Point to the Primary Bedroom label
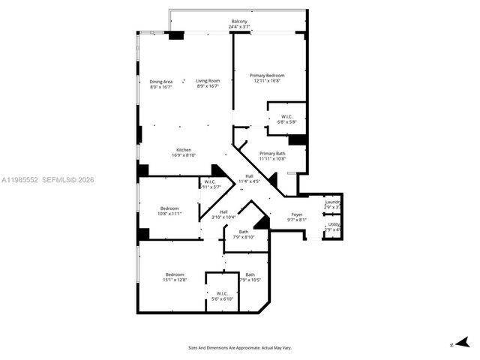tap(267, 78)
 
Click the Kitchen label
tap(184, 152)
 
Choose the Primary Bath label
tap(272, 155)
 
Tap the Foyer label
tap(297, 217)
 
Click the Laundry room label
tap(333, 205)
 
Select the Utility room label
tap(333, 226)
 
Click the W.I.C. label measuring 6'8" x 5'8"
tap(287, 119)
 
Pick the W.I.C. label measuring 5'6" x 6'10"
tap(223, 295)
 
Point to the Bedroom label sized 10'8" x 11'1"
tap(169, 211)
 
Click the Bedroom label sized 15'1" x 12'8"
tap(175, 277)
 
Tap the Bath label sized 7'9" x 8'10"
tap(244, 235)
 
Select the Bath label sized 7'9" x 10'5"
tap(250, 277)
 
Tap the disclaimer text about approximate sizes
tap(239, 348)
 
